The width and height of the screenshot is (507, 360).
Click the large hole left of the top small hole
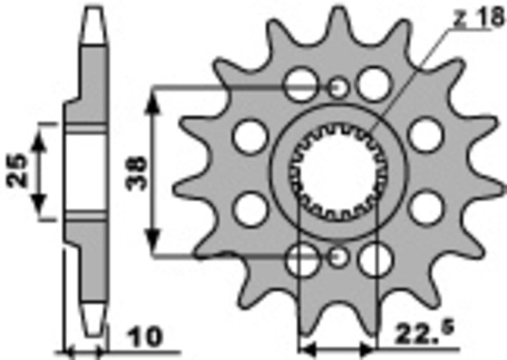tap(300, 84)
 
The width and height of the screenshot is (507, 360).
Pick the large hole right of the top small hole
tap(374, 84)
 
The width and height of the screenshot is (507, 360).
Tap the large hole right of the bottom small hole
tap(375, 259)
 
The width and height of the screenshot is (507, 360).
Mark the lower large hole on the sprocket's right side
tap(425, 208)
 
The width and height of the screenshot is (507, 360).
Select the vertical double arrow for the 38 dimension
tap(153, 171)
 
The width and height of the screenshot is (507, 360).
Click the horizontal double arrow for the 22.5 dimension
tap(337, 348)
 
